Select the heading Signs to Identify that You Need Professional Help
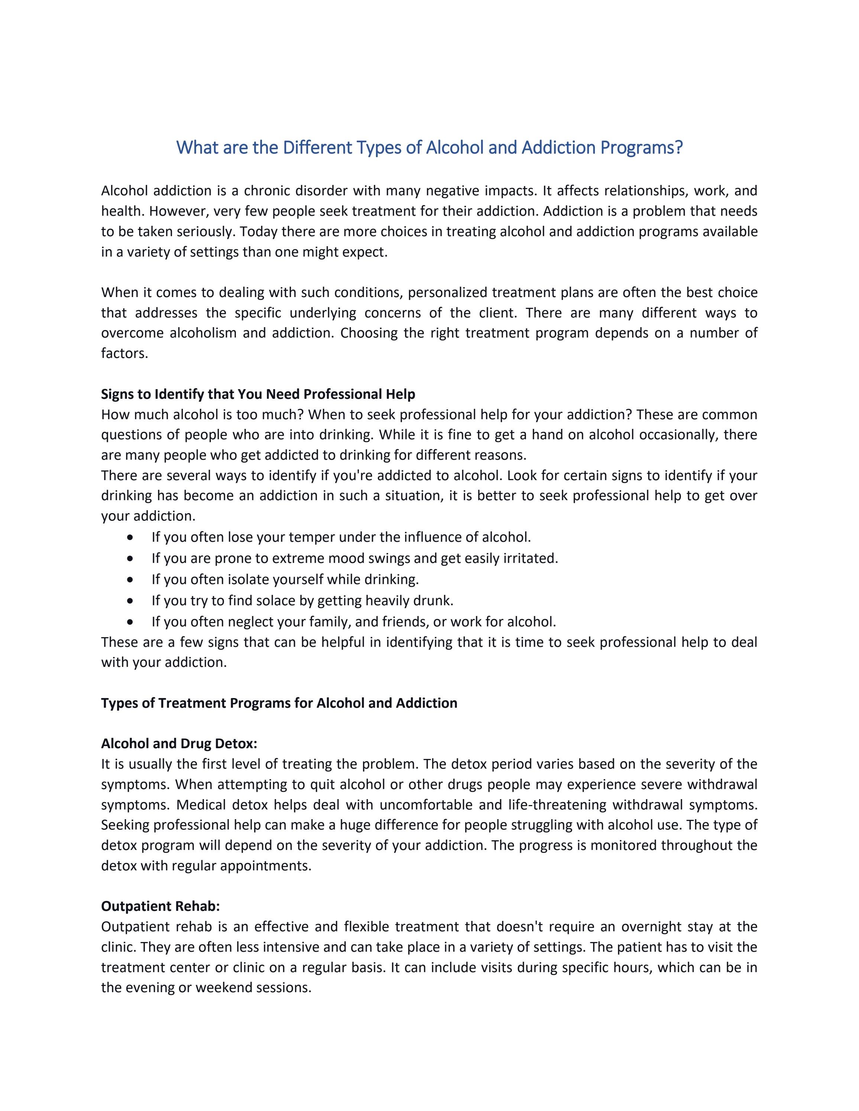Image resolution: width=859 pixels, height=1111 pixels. click(x=258, y=394)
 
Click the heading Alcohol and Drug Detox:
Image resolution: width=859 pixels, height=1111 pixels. click(x=179, y=744)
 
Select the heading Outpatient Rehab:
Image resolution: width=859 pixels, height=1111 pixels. click(x=160, y=906)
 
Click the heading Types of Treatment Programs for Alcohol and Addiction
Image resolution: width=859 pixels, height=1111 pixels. click(x=279, y=703)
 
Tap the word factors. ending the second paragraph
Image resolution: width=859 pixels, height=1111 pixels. click(x=125, y=353)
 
